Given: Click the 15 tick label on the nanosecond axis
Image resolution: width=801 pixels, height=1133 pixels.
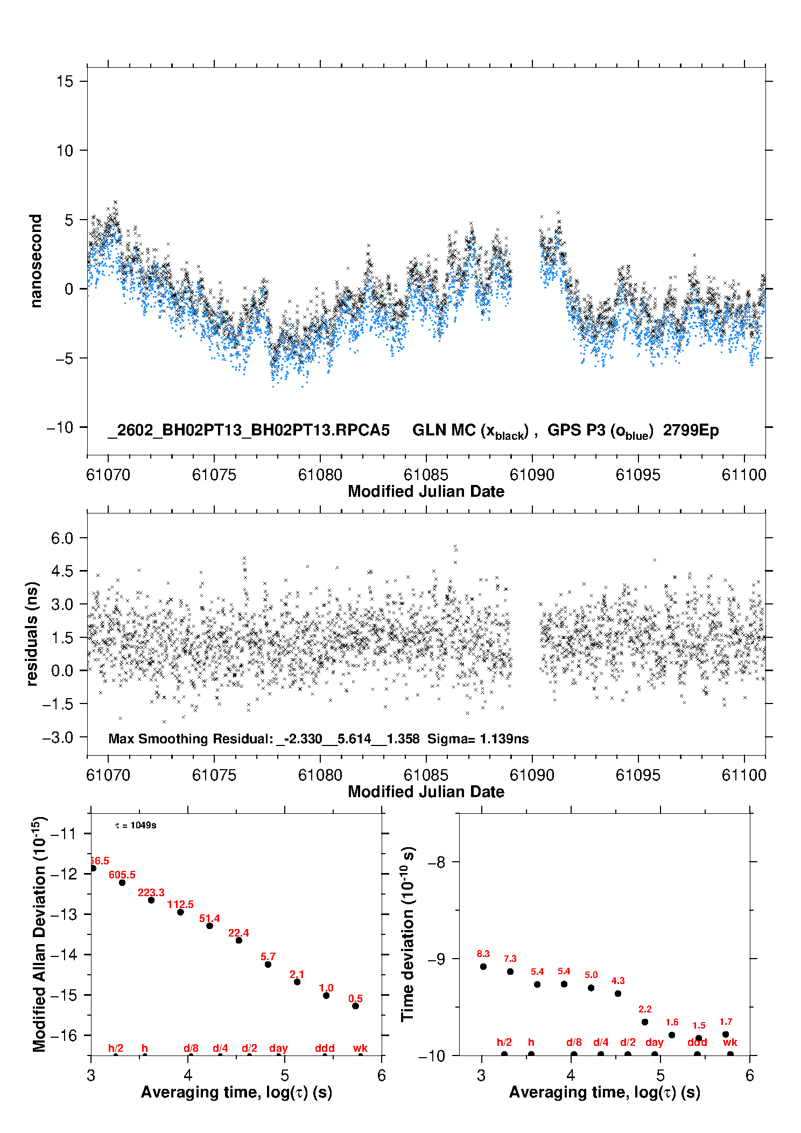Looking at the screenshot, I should [65, 81].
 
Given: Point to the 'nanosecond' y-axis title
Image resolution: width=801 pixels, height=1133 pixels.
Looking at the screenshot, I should [36, 261].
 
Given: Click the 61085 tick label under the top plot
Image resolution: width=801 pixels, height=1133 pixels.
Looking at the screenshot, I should [426, 475].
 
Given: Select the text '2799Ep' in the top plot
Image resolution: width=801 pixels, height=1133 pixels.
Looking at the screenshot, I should [691, 430].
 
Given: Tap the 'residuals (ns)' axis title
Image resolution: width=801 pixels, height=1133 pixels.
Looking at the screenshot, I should [32, 634].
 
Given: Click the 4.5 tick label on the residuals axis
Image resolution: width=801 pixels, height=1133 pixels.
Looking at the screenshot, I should [62, 571].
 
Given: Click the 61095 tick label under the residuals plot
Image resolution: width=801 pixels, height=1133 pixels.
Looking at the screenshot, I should [637, 775].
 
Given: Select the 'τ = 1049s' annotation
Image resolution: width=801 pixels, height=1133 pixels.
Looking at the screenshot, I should [136, 825].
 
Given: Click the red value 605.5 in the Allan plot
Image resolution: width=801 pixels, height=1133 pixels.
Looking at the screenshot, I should [122, 875].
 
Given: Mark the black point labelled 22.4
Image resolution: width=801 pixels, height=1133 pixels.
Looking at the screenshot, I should [238, 940].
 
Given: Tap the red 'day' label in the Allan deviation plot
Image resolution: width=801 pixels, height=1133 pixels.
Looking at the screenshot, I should [278, 1048].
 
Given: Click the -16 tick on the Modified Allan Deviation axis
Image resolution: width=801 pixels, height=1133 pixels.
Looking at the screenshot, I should [64, 1035].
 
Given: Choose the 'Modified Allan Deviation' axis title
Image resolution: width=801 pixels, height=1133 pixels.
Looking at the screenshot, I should [40, 934].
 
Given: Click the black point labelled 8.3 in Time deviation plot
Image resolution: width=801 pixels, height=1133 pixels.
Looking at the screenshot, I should [483, 967].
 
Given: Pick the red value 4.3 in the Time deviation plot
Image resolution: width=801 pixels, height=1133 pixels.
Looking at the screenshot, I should [618, 981].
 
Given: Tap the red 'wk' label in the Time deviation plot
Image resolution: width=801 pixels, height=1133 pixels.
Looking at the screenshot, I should [730, 1042].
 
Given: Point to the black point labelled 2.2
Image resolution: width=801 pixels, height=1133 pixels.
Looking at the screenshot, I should [645, 1022].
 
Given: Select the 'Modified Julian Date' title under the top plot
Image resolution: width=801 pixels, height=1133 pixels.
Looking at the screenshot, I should [426, 491].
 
